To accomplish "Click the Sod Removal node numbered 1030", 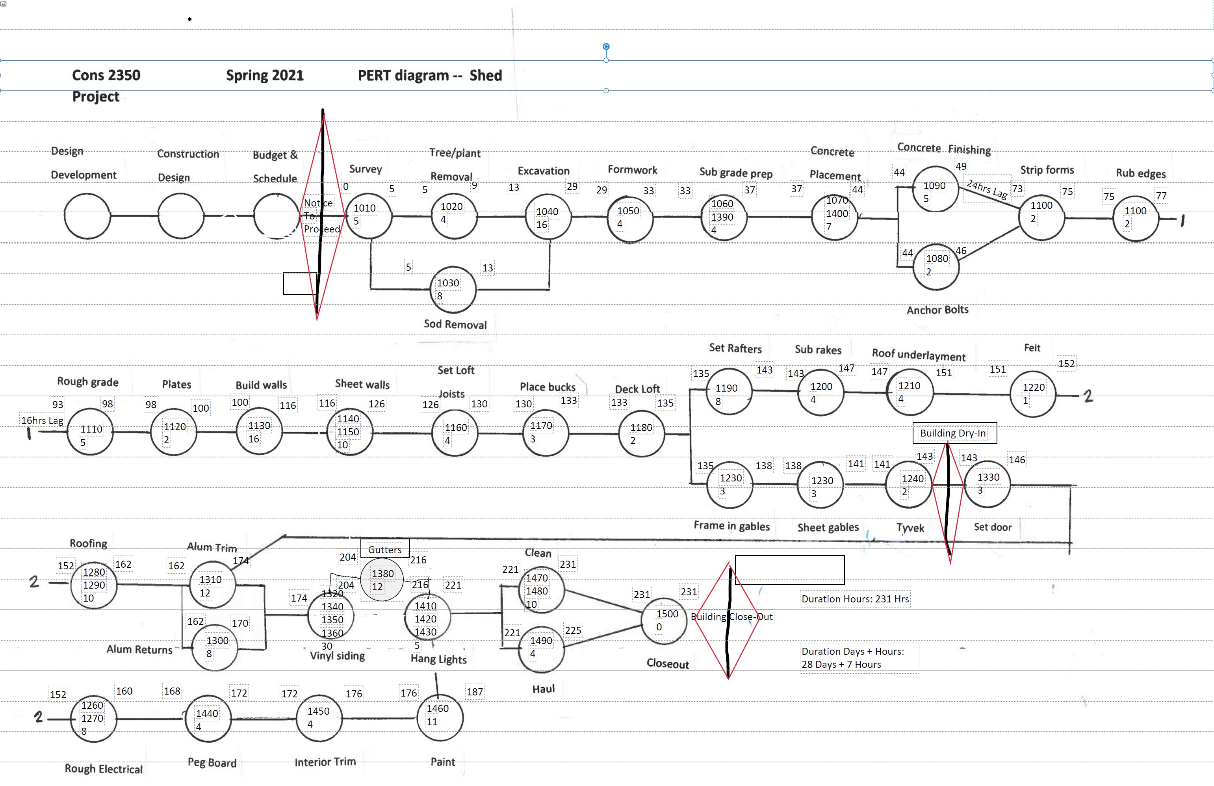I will (453, 290).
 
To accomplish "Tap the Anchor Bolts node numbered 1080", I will (937, 266).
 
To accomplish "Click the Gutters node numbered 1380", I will (382, 580).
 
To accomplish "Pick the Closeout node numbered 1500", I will (664, 621).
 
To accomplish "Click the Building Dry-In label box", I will (954, 433).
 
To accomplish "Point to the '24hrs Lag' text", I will (987, 189).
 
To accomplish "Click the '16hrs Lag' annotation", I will (42, 420).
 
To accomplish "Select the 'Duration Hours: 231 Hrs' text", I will (855, 599).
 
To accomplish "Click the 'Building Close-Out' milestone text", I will (731, 617).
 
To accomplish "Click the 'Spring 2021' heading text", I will (265, 76).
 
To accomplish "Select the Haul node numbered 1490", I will (541, 649).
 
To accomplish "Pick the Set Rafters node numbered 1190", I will (729, 391).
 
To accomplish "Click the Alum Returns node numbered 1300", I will (215, 648).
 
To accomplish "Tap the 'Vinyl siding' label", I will (338, 656).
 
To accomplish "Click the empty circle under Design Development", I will (87, 216).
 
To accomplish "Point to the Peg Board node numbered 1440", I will (208, 719).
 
